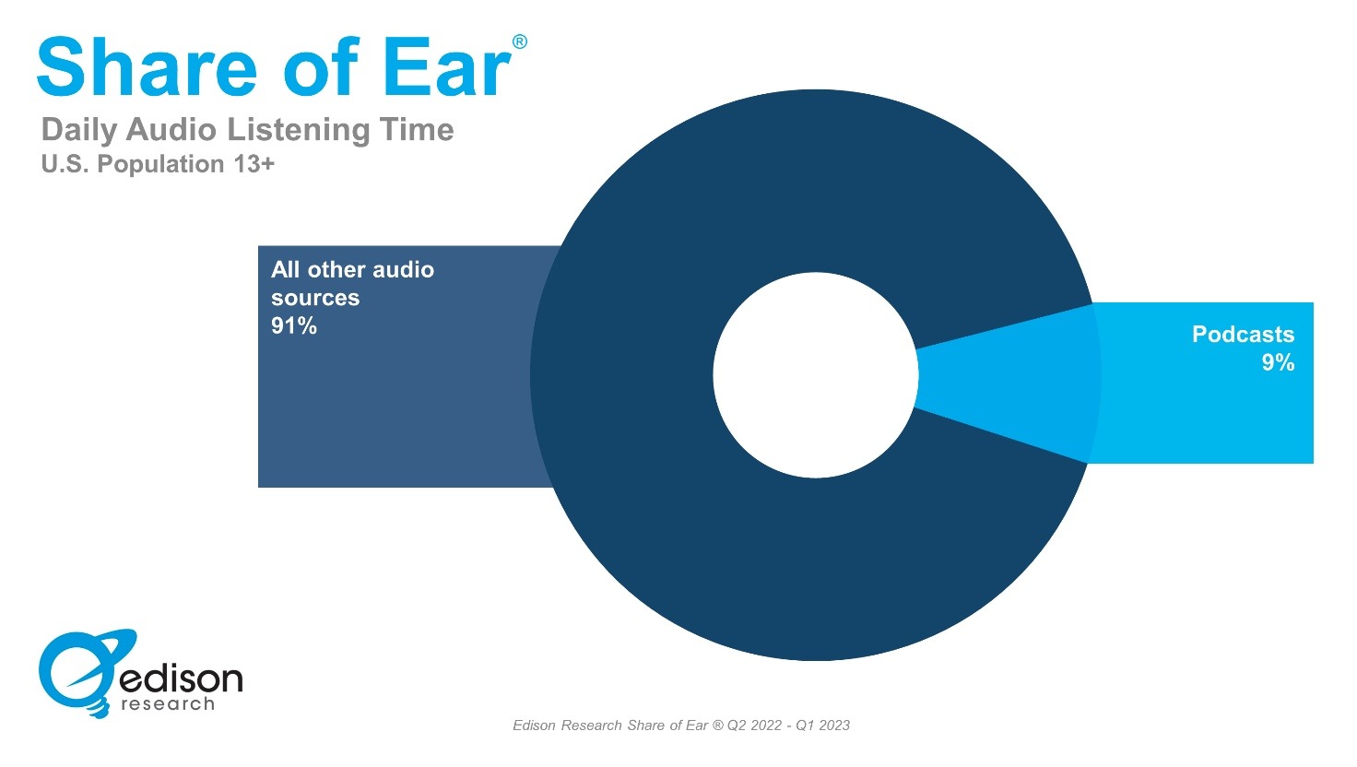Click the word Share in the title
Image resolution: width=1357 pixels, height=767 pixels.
click(x=147, y=66)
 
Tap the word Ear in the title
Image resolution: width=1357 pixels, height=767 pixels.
click(x=448, y=66)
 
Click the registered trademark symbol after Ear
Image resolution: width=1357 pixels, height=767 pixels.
click(x=520, y=41)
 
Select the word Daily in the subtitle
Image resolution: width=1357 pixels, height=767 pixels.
click(x=79, y=131)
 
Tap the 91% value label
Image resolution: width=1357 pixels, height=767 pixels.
click(x=294, y=326)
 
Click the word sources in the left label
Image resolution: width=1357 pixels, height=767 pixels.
click(x=315, y=298)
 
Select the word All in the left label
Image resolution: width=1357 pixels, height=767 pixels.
click(x=285, y=269)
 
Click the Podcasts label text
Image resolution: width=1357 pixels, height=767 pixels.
click(x=1243, y=335)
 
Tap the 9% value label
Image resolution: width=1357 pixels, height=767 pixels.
click(x=1279, y=363)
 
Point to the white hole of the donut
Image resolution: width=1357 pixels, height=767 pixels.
click(x=816, y=375)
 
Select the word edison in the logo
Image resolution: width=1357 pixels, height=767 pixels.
click(x=182, y=678)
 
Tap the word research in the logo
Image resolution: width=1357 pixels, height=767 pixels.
click(x=168, y=704)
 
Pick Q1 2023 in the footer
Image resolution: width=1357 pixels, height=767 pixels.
click(x=822, y=726)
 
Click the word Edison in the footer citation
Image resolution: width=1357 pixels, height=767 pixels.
click(x=537, y=726)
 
